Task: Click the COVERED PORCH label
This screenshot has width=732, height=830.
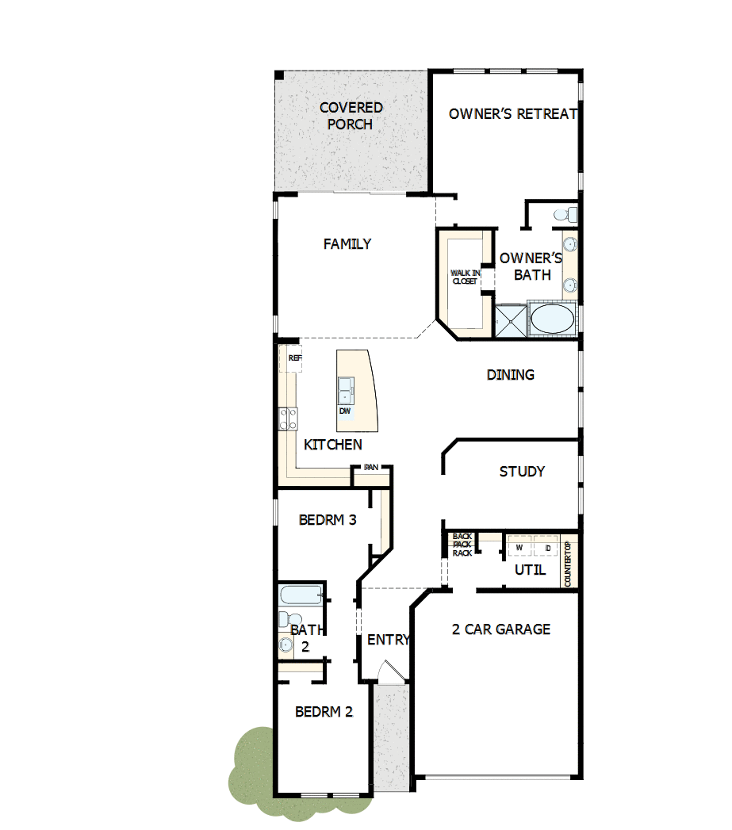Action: pyautogui.click(x=351, y=116)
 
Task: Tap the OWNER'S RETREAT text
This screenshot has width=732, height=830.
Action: pyautogui.click(x=513, y=114)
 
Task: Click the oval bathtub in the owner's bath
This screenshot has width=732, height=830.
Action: pyautogui.click(x=552, y=320)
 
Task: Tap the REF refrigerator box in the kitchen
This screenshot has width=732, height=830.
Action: pyautogui.click(x=295, y=358)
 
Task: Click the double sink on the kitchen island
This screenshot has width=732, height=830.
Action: pyautogui.click(x=346, y=391)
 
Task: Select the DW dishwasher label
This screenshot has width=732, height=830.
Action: pyautogui.click(x=345, y=411)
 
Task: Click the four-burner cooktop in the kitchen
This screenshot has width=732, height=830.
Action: pyautogui.click(x=287, y=418)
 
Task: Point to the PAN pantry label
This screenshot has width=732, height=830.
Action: pyautogui.click(x=371, y=468)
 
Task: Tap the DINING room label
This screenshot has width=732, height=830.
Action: pyautogui.click(x=510, y=375)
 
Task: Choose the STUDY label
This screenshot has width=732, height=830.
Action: pyautogui.click(x=522, y=472)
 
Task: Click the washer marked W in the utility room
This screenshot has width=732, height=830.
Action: pyautogui.click(x=520, y=548)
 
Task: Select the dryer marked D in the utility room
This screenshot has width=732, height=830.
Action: pyautogui.click(x=547, y=548)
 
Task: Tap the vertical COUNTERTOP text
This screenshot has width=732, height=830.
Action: pyautogui.click(x=568, y=564)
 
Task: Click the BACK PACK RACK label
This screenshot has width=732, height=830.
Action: pyautogui.click(x=462, y=545)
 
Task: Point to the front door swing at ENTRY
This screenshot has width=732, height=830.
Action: pyautogui.click(x=391, y=671)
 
